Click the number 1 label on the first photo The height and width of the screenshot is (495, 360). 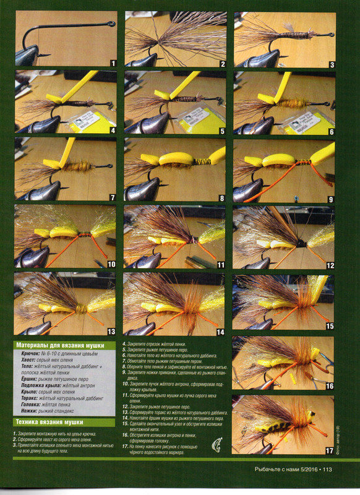point(113,63)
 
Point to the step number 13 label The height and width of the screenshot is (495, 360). point(111,332)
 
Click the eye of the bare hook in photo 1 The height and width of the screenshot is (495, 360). point(112,24)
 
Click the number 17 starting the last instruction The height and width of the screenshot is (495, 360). point(126,446)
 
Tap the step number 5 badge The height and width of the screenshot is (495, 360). point(221,131)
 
